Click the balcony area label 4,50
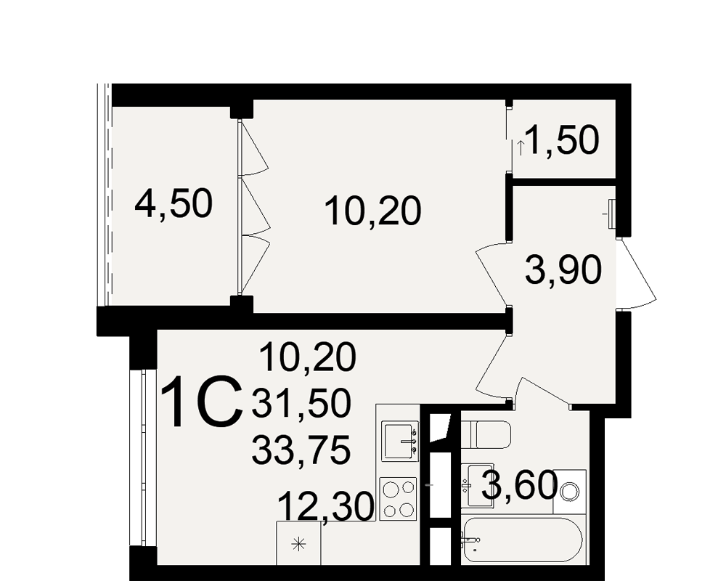tap(174, 203)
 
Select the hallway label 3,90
tap(563, 271)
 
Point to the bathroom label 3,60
tap(520, 486)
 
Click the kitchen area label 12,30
tap(327, 507)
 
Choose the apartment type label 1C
tap(202, 402)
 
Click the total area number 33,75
tap(301, 450)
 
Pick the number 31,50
tap(301, 403)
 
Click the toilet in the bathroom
tap(486, 434)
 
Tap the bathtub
tap(522, 540)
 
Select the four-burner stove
tap(399, 499)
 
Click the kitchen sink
tap(399, 441)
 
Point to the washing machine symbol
tap(569, 492)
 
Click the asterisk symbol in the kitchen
tap(298, 543)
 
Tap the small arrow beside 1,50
tap(521, 148)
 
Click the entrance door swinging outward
tap(637, 273)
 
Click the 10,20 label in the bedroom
tap(372, 211)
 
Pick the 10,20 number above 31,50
tap(308, 357)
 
